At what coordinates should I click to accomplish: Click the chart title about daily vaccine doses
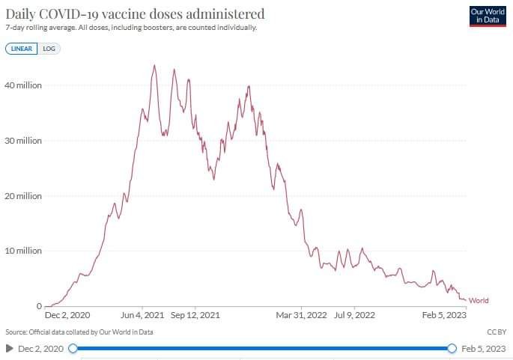[134, 13]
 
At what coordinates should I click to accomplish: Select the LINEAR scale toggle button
[20, 49]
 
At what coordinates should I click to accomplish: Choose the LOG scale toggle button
[49, 49]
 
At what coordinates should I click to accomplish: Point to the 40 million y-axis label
[22, 85]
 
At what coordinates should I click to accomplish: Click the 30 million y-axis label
[22, 141]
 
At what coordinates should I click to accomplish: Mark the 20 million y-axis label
[22, 196]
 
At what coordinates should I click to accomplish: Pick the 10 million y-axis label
[22, 251]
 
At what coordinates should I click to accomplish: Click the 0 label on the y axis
[37, 306]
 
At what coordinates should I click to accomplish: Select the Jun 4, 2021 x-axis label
[142, 316]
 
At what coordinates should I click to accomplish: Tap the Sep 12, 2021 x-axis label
[195, 316]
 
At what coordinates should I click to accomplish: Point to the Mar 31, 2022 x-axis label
[302, 316]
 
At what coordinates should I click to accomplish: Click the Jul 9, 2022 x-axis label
[354, 316]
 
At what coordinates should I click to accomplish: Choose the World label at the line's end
[479, 301]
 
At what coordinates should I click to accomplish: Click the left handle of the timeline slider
[73, 348]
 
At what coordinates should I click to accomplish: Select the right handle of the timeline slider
[452, 348]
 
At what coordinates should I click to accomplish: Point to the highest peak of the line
[154, 65]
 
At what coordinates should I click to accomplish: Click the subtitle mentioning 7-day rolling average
[131, 28]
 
